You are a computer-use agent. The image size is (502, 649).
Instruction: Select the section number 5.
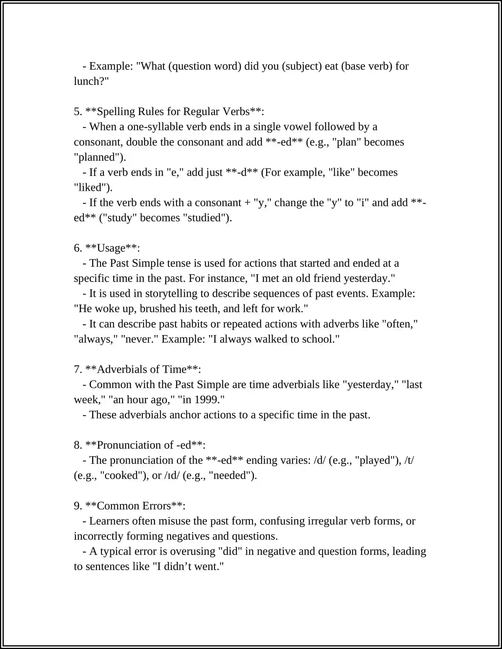click(77, 112)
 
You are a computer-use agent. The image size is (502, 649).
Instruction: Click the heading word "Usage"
click(111, 248)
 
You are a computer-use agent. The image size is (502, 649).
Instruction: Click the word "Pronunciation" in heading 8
click(135, 445)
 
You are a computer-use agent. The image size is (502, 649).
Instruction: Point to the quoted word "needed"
click(232, 476)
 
